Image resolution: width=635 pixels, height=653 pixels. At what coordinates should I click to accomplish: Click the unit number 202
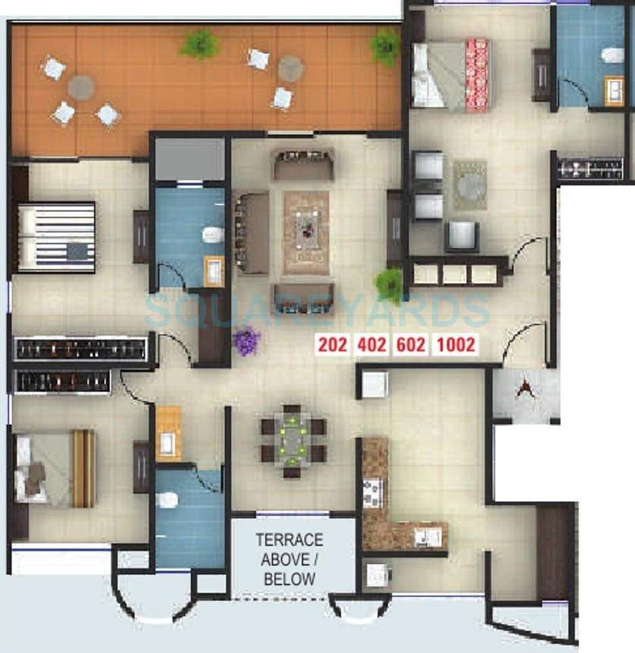(333, 345)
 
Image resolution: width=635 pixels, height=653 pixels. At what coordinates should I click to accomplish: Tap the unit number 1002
(456, 345)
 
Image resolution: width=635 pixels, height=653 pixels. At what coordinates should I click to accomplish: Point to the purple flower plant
(246, 340)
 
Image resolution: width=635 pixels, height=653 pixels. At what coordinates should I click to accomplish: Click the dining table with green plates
(292, 439)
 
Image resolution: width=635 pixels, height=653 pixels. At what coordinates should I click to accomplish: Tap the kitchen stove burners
(373, 492)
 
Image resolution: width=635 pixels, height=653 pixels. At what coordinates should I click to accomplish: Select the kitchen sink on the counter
(427, 536)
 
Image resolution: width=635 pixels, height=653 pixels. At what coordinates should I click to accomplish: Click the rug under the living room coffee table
(306, 233)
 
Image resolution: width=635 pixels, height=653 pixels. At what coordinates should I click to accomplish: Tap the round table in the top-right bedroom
(470, 184)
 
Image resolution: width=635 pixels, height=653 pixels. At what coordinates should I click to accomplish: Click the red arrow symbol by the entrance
(523, 390)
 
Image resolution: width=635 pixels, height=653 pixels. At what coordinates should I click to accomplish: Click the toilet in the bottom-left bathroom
(170, 500)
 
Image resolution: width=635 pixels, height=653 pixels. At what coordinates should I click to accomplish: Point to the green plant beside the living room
(389, 285)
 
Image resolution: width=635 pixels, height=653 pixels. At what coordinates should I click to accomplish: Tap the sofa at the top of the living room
(303, 164)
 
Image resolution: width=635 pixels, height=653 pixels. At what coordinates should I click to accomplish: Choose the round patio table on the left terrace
(80, 87)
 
